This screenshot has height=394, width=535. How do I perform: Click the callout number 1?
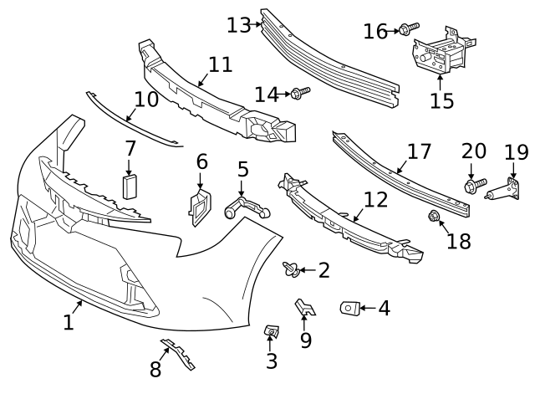69,321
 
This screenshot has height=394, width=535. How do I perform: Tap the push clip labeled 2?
292,269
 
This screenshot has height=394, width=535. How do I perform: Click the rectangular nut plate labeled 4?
349,309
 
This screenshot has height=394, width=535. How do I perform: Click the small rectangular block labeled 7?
130,185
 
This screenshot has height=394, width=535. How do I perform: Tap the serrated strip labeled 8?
179,355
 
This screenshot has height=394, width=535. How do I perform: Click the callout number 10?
145,100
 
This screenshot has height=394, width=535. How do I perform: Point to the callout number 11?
220,64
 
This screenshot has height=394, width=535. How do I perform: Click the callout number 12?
376,200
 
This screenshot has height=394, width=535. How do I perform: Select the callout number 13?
238,25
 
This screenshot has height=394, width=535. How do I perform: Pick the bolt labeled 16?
404,31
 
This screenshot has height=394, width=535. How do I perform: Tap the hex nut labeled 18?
434,217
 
